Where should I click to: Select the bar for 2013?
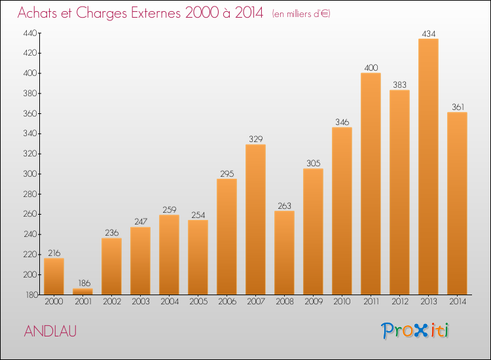tap(428, 167)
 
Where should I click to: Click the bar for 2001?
tap(82, 291)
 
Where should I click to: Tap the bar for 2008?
tap(284, 253)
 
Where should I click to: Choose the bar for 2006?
tap(227, 236)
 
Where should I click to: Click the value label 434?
tap(428, 33)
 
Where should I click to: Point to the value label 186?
tap(82, 283)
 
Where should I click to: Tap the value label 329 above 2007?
tap(255, 139)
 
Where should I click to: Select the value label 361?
tap(457, 107)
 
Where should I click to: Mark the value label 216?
tap(54, 253)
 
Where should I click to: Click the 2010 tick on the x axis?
tap(342, 302)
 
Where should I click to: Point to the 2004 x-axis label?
tap(169, 302)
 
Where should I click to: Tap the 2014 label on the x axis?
tap(457, 302)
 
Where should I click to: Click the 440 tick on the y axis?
tap(31, 33)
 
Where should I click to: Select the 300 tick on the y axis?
tap(31, 174)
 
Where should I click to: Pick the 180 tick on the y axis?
tap(31, 295)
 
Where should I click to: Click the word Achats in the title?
tap(41, 13)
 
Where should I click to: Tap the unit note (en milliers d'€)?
tap(301, 14)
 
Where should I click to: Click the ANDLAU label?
tap(50, 331)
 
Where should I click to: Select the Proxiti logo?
tap(415, 331)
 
